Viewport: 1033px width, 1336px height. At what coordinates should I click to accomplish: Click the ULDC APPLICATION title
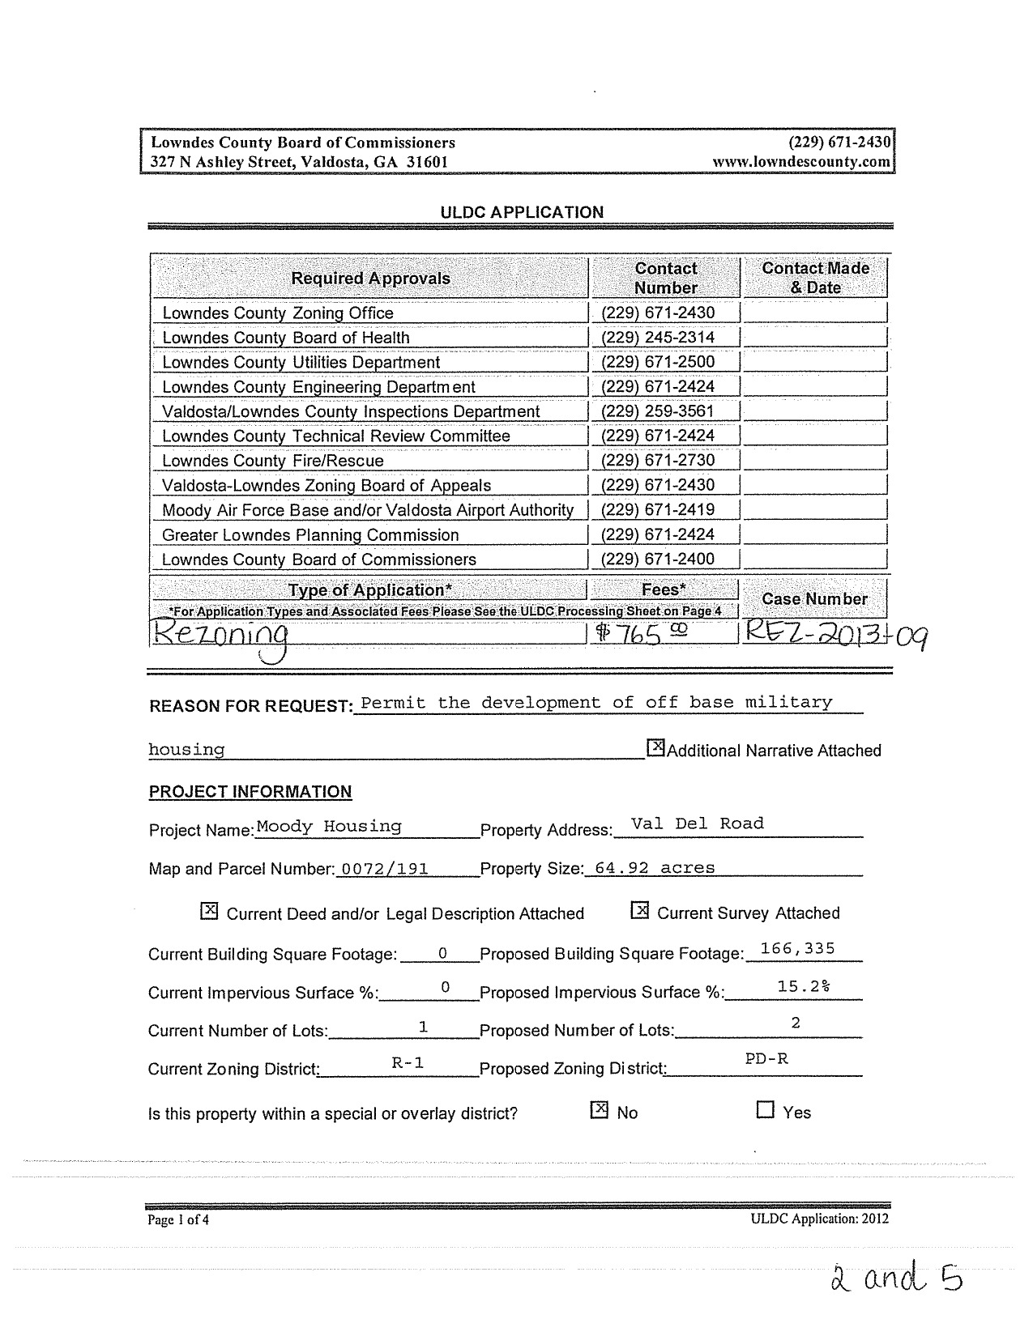522,212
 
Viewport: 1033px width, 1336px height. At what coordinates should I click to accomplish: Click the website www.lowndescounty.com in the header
801,161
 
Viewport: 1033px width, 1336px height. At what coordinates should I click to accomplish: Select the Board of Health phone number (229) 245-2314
658,338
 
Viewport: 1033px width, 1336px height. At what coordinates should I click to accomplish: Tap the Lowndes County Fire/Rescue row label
273,461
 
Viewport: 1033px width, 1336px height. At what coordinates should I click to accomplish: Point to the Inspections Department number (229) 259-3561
658,411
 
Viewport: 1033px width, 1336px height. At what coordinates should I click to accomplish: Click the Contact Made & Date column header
815,278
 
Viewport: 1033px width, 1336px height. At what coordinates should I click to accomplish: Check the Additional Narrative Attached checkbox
655,748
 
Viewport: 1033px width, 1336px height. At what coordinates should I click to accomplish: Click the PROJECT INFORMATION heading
250,792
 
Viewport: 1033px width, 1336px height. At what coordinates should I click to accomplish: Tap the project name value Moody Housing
329,827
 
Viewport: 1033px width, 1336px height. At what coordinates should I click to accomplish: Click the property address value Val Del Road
697,823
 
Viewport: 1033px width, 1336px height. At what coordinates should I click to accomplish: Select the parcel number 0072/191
385,869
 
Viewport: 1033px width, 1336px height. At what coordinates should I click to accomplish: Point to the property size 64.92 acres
655,868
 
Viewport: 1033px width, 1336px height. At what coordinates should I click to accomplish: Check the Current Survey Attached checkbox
640,912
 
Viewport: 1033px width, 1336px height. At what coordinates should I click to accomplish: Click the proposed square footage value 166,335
797,949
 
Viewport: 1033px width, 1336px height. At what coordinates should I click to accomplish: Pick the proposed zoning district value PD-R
766,1058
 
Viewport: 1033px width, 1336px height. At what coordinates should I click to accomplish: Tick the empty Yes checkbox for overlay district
765,1110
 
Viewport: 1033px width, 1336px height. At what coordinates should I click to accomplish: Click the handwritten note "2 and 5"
896,1281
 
